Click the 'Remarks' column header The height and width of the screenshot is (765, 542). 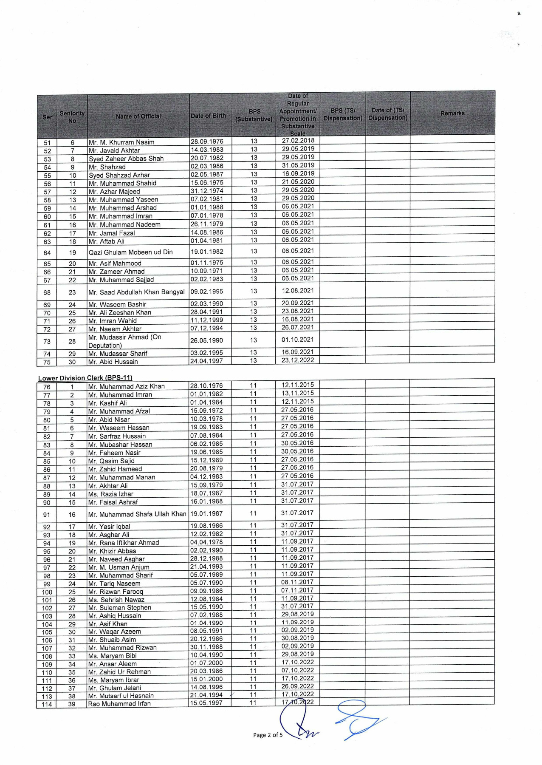click(452, 113)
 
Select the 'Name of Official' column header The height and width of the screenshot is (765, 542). click(138, 116)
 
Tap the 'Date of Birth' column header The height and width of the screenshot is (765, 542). click(208, 116)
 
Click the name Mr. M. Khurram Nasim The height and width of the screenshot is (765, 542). click(121, 142)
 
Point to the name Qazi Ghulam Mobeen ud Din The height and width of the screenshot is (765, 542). click(131, 252)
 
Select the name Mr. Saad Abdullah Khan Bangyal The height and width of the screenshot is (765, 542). click(136, 292)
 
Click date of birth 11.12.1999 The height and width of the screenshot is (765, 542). click(206, 320)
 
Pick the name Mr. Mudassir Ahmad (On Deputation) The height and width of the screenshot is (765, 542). click(124, 341)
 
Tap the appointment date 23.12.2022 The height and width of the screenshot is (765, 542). click(298, 360)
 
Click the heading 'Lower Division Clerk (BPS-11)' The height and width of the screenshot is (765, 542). click(85, 378)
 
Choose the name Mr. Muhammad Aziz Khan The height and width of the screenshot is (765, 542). click(126, 386)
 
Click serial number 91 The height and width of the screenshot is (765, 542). click(47, 515)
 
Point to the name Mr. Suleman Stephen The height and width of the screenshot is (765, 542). click(119, 607)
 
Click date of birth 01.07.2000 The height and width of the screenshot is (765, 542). click(206, 663)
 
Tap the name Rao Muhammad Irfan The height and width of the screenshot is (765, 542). click(119, 703)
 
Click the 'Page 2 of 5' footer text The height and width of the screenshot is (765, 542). click(268, 735)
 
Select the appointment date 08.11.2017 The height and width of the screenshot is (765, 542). click(297, 582)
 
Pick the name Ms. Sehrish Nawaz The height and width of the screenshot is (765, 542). click(116, 600)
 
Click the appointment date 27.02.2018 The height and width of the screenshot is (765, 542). click(298, 141)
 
